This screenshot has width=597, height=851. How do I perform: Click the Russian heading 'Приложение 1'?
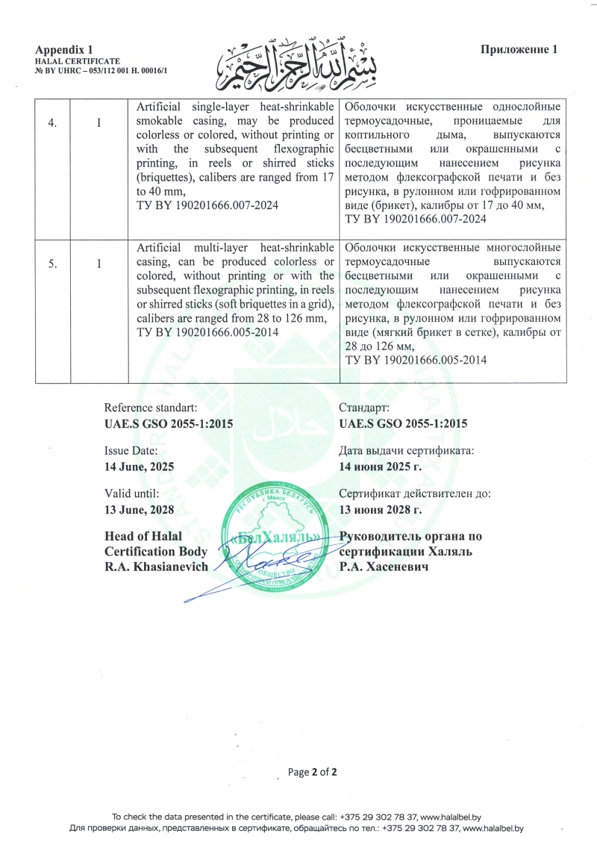(x=519, y=49)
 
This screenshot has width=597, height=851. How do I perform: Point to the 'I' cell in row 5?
(x=99, y=265)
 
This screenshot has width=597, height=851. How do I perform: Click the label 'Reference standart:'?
(x=151, y=408)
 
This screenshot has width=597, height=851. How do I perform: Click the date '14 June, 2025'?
(x=139, y=466)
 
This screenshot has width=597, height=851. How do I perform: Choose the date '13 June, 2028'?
(x=139, y=510)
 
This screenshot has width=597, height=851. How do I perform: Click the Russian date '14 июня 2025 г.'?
(x=381, y=466)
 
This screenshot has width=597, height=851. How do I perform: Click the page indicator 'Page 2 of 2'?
(x=313, y=772)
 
